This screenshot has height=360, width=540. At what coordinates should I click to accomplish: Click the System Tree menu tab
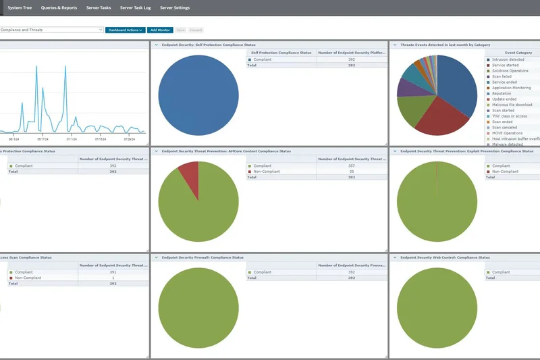pyautogui.click(x=20, y=7)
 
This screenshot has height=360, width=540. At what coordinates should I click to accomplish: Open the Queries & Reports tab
pyautogui.click(x=59, y=7)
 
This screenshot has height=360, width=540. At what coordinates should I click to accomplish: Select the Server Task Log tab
pyautogui.click(x=136, y=7)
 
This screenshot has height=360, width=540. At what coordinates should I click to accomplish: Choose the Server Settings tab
pyautogui.click(x=175, y=7)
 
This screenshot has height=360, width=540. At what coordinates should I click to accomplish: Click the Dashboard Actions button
pyautogui.click(x=125, y=30)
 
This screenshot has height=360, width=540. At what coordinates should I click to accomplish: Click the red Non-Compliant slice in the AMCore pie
pyautogui.click(x=190, y=177)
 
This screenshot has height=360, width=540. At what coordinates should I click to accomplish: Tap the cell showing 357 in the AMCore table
pyautogui.click(x=351, y=165)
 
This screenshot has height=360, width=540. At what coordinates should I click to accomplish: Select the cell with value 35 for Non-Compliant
pyautogui.click(x=351, y=172)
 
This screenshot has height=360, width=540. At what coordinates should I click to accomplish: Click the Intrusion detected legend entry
pyautogui.click(x=508, y=59)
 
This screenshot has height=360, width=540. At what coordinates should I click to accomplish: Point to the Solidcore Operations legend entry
pyautogui.click(x=510, y=71)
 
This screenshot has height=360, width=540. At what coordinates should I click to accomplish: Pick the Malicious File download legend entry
pyautogui.click(x=512, y=105)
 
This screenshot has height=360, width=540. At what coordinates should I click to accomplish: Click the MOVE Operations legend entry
pyautogui.click(x=507, y=133)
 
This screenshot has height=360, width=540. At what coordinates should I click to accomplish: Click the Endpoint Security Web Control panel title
pyautogui.click(x=445, y=257)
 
